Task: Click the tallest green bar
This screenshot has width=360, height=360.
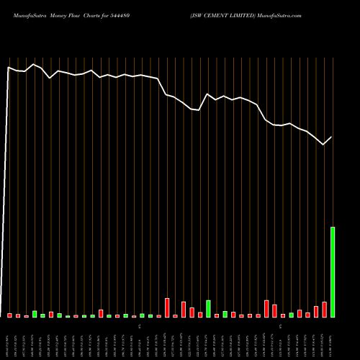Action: coord(333,272)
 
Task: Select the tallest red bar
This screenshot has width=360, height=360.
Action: coord(167,307)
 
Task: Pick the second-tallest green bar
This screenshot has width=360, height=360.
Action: coord(208,309)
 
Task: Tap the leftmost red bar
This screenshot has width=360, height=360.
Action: coord(10,315)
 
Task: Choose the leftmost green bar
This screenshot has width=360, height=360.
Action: coord(35,314)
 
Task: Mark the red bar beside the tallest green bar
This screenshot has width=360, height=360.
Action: coord(324,310)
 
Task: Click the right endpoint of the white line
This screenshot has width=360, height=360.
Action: coord(332,137)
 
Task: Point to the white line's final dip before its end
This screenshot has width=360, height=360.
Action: coord(323,145)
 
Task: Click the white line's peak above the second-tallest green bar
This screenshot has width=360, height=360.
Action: coord(208,94)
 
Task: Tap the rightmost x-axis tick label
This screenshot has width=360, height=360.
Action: coord(333,339)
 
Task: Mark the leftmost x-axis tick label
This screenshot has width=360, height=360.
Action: coord(10,339)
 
